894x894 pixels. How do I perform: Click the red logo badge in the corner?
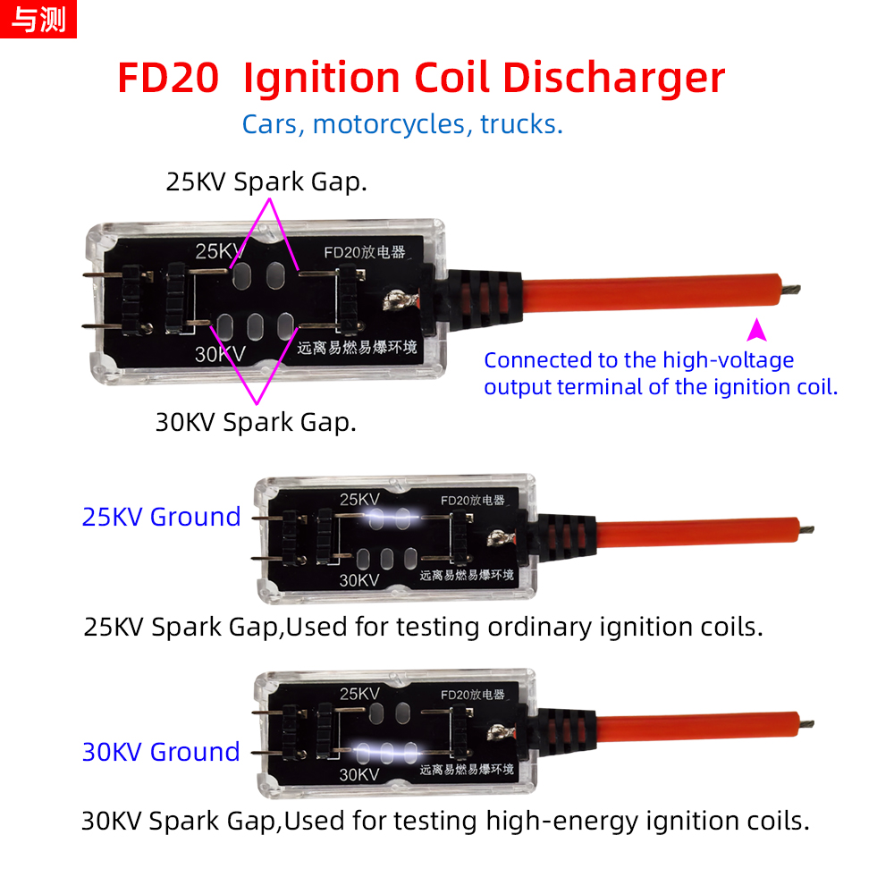click(38, 19)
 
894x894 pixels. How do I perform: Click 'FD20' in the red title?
click(168, 78)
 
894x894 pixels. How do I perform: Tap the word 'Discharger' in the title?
click(613, 78)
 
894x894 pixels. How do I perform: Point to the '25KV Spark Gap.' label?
click(266, 181)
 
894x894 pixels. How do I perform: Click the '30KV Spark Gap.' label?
click(256, 423)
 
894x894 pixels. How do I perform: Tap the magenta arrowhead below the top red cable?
click(756, 330)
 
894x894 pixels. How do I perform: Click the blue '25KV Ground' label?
click(161, 517)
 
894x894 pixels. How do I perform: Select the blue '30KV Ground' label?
click(161, 752)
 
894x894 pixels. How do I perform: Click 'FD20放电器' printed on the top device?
click(365, 252)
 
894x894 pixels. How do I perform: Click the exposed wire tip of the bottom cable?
click(805, 724)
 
